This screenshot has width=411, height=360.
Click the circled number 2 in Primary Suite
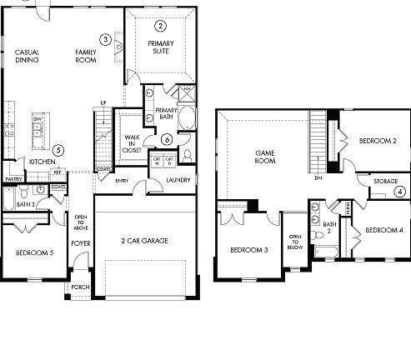coord(160,26)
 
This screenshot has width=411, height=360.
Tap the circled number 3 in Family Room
coord(104,39)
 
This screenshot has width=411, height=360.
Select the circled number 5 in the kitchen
coord(58,150)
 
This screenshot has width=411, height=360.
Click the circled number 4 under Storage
coord(399,192)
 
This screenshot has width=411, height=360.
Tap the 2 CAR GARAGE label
coord(146,240)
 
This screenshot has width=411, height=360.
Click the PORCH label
coord(79,287)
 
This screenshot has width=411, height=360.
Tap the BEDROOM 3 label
coord(248,250)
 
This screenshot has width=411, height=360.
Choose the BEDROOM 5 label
coord(35,252)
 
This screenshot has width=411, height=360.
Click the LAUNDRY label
coord(178,179)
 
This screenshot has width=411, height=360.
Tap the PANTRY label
coord(13,179)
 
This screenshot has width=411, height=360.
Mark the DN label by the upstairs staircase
coord(318,177)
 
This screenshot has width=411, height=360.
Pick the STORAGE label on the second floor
coord(385,180)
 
